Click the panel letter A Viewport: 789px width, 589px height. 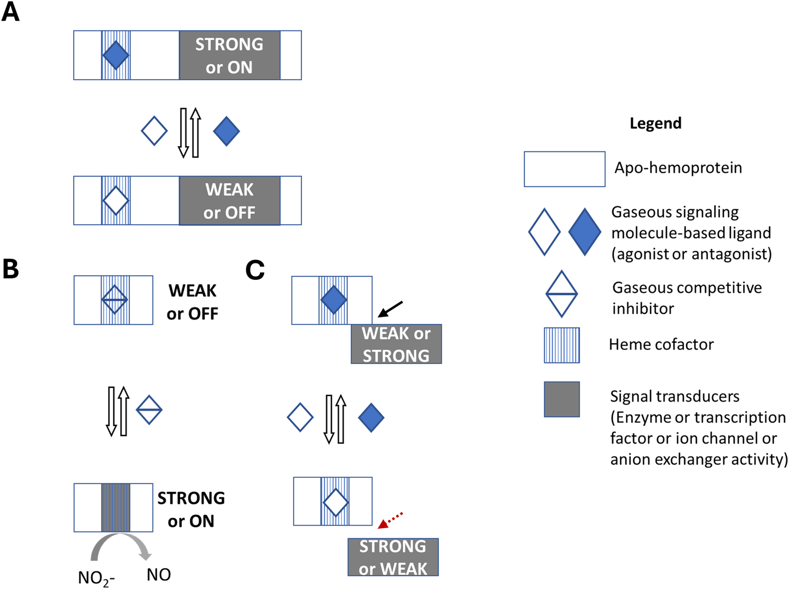point(10,12)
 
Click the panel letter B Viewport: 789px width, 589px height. point(11,268)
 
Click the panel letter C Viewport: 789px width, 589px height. point(255,270)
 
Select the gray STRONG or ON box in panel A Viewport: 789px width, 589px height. point(230,56)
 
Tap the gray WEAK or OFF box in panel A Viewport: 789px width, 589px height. point(230,201)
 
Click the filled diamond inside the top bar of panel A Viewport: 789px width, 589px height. point(116,55)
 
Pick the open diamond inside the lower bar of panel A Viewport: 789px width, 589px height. point(116,200)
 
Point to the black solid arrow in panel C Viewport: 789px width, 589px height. point(391,309)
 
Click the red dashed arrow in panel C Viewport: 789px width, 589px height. point(391,520)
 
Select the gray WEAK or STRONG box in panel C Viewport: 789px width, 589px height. point(396,344)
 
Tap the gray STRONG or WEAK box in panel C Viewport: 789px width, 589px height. point(393,557)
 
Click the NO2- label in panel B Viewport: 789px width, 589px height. point(96,577)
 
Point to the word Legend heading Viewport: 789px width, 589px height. point(655,124)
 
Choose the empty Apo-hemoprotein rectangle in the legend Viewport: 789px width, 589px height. point(565,169)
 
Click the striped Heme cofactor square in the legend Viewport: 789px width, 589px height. point(561,345)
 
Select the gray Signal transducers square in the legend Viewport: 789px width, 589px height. point(561,399)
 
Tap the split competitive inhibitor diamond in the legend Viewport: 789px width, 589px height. point(561,294)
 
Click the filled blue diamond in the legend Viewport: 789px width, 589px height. point(585,232)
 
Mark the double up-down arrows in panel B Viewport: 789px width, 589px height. point(117,411)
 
